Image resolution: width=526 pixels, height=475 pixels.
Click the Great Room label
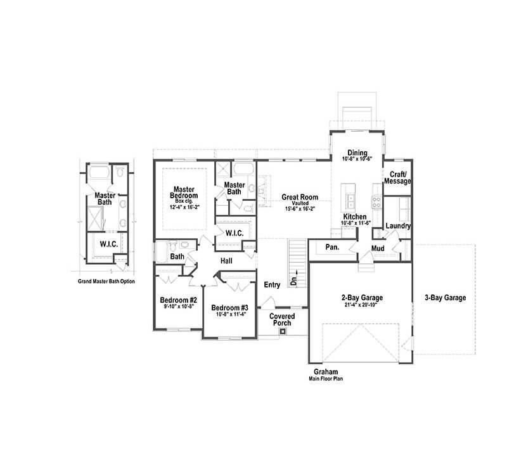click(299, 197)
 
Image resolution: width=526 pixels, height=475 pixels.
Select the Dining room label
click(357, 152)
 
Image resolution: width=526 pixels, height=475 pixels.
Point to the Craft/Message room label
click(398, 178)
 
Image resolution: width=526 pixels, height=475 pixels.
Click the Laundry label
click(398, 225)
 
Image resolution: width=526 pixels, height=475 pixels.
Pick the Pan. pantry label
click(333, 248)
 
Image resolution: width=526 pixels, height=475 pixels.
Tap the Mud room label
click(378, 248)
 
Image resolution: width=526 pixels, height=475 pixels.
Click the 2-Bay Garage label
click(362, 298)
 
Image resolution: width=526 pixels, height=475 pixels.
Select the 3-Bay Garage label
click(445, 298)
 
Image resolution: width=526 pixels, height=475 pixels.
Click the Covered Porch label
click(282, 319)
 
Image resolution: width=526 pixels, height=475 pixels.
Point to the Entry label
click(272, 285)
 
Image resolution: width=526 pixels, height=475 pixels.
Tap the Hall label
click(227, 261)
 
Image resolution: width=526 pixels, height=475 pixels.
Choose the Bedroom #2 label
click(178, 300)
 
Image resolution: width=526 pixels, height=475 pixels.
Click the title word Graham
click(325, 372)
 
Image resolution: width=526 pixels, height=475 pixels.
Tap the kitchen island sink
click(350, 201)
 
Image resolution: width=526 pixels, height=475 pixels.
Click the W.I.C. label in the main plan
click(235, 233)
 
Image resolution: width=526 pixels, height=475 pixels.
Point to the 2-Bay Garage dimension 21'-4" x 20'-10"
click(362, 305)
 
